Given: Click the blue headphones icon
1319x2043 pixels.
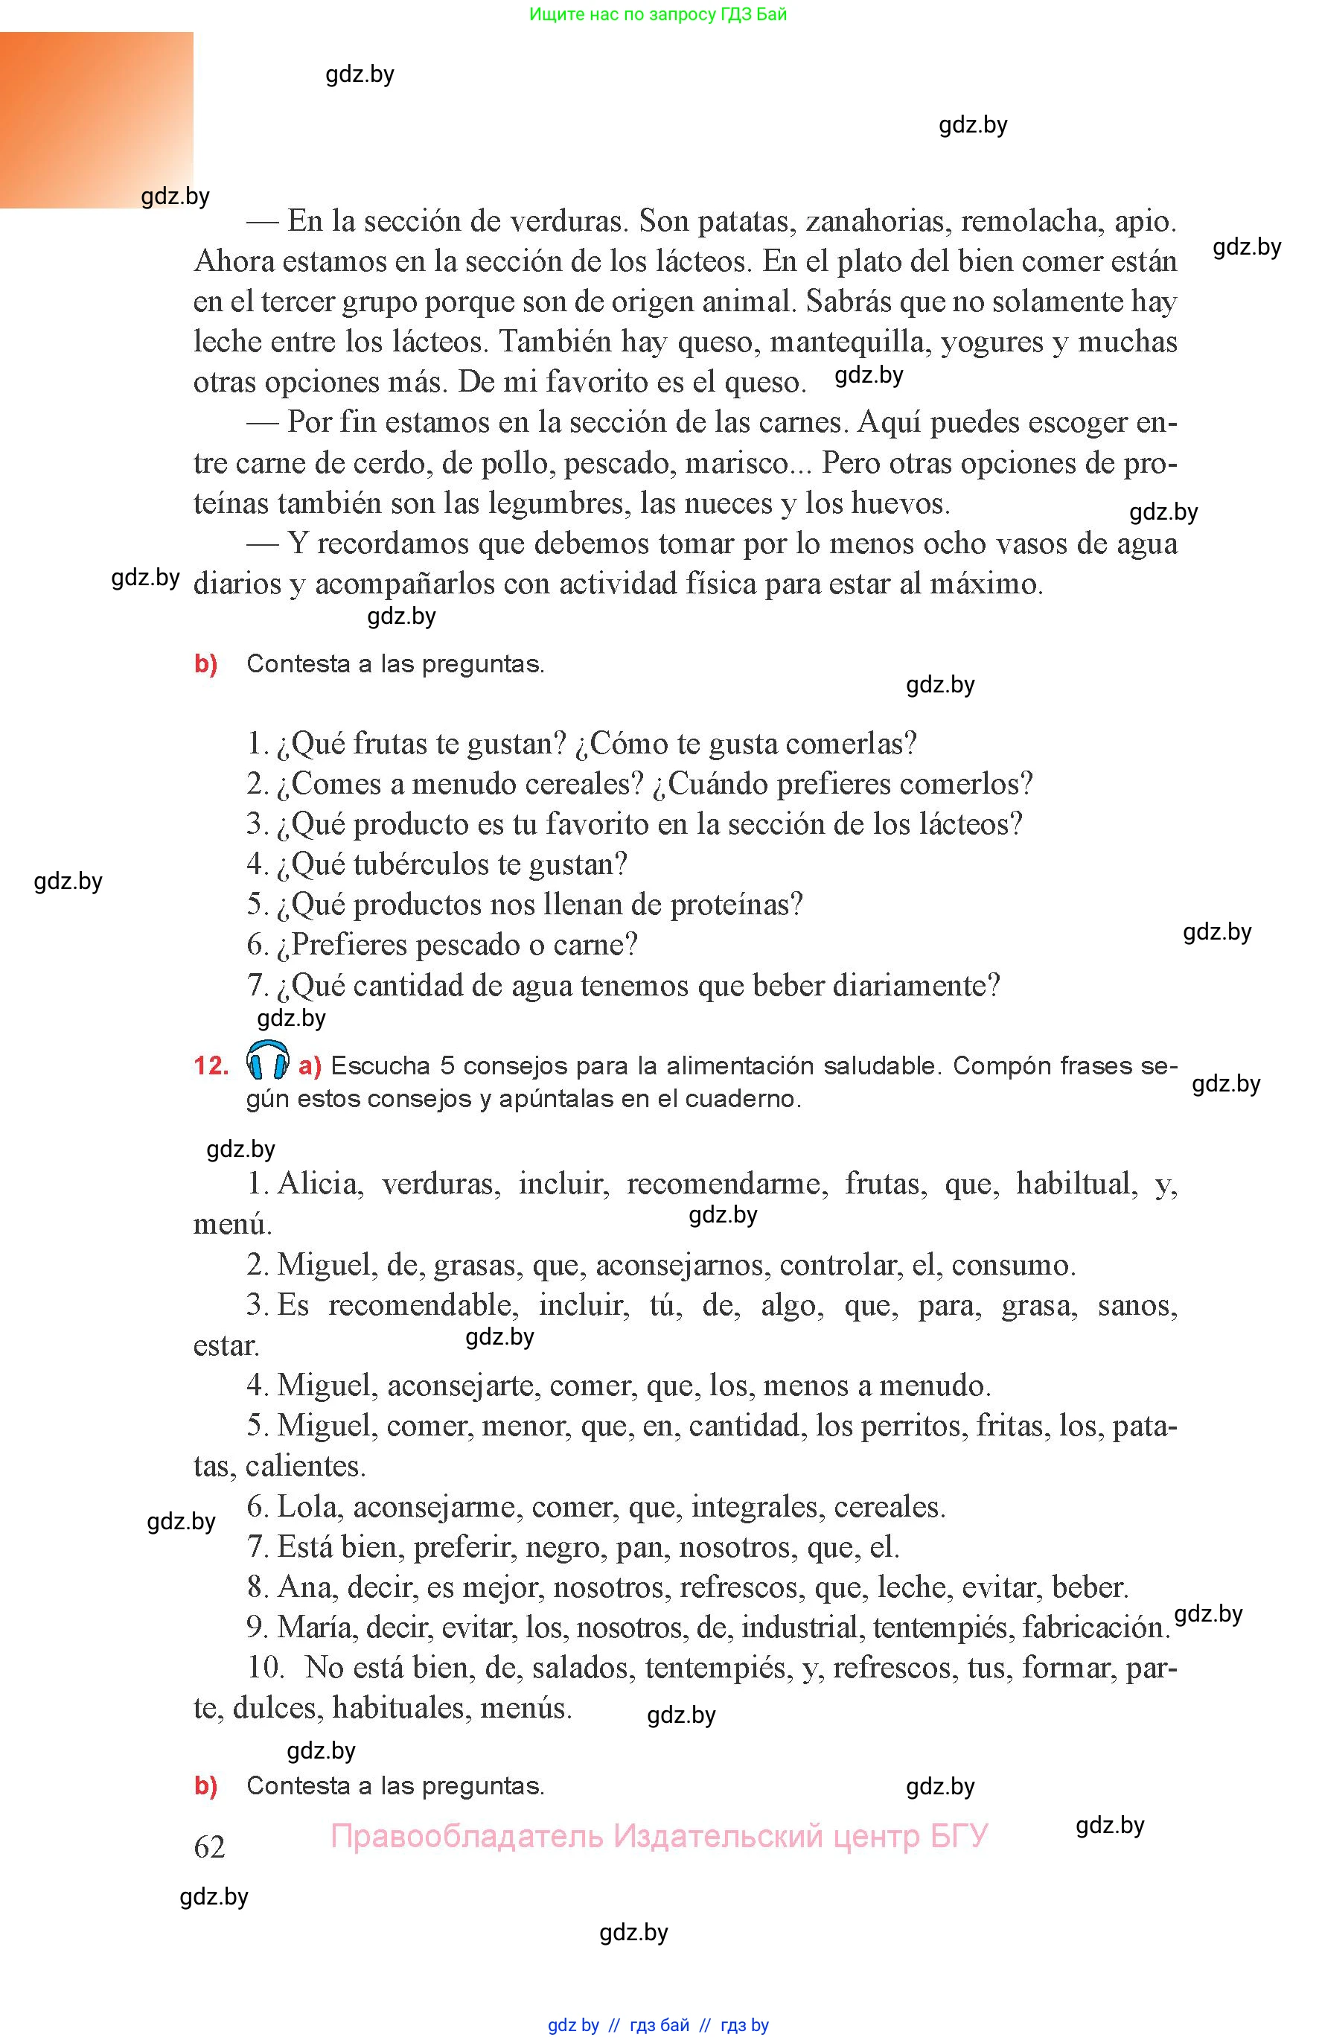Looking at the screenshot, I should click(267, 1060).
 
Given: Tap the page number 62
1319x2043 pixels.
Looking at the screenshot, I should click(210, 1847).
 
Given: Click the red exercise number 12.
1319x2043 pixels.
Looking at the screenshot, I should click(211, 1065).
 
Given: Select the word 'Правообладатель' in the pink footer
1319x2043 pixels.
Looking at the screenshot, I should click(466, 1836).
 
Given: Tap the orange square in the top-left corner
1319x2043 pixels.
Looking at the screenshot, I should click(96, 120).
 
